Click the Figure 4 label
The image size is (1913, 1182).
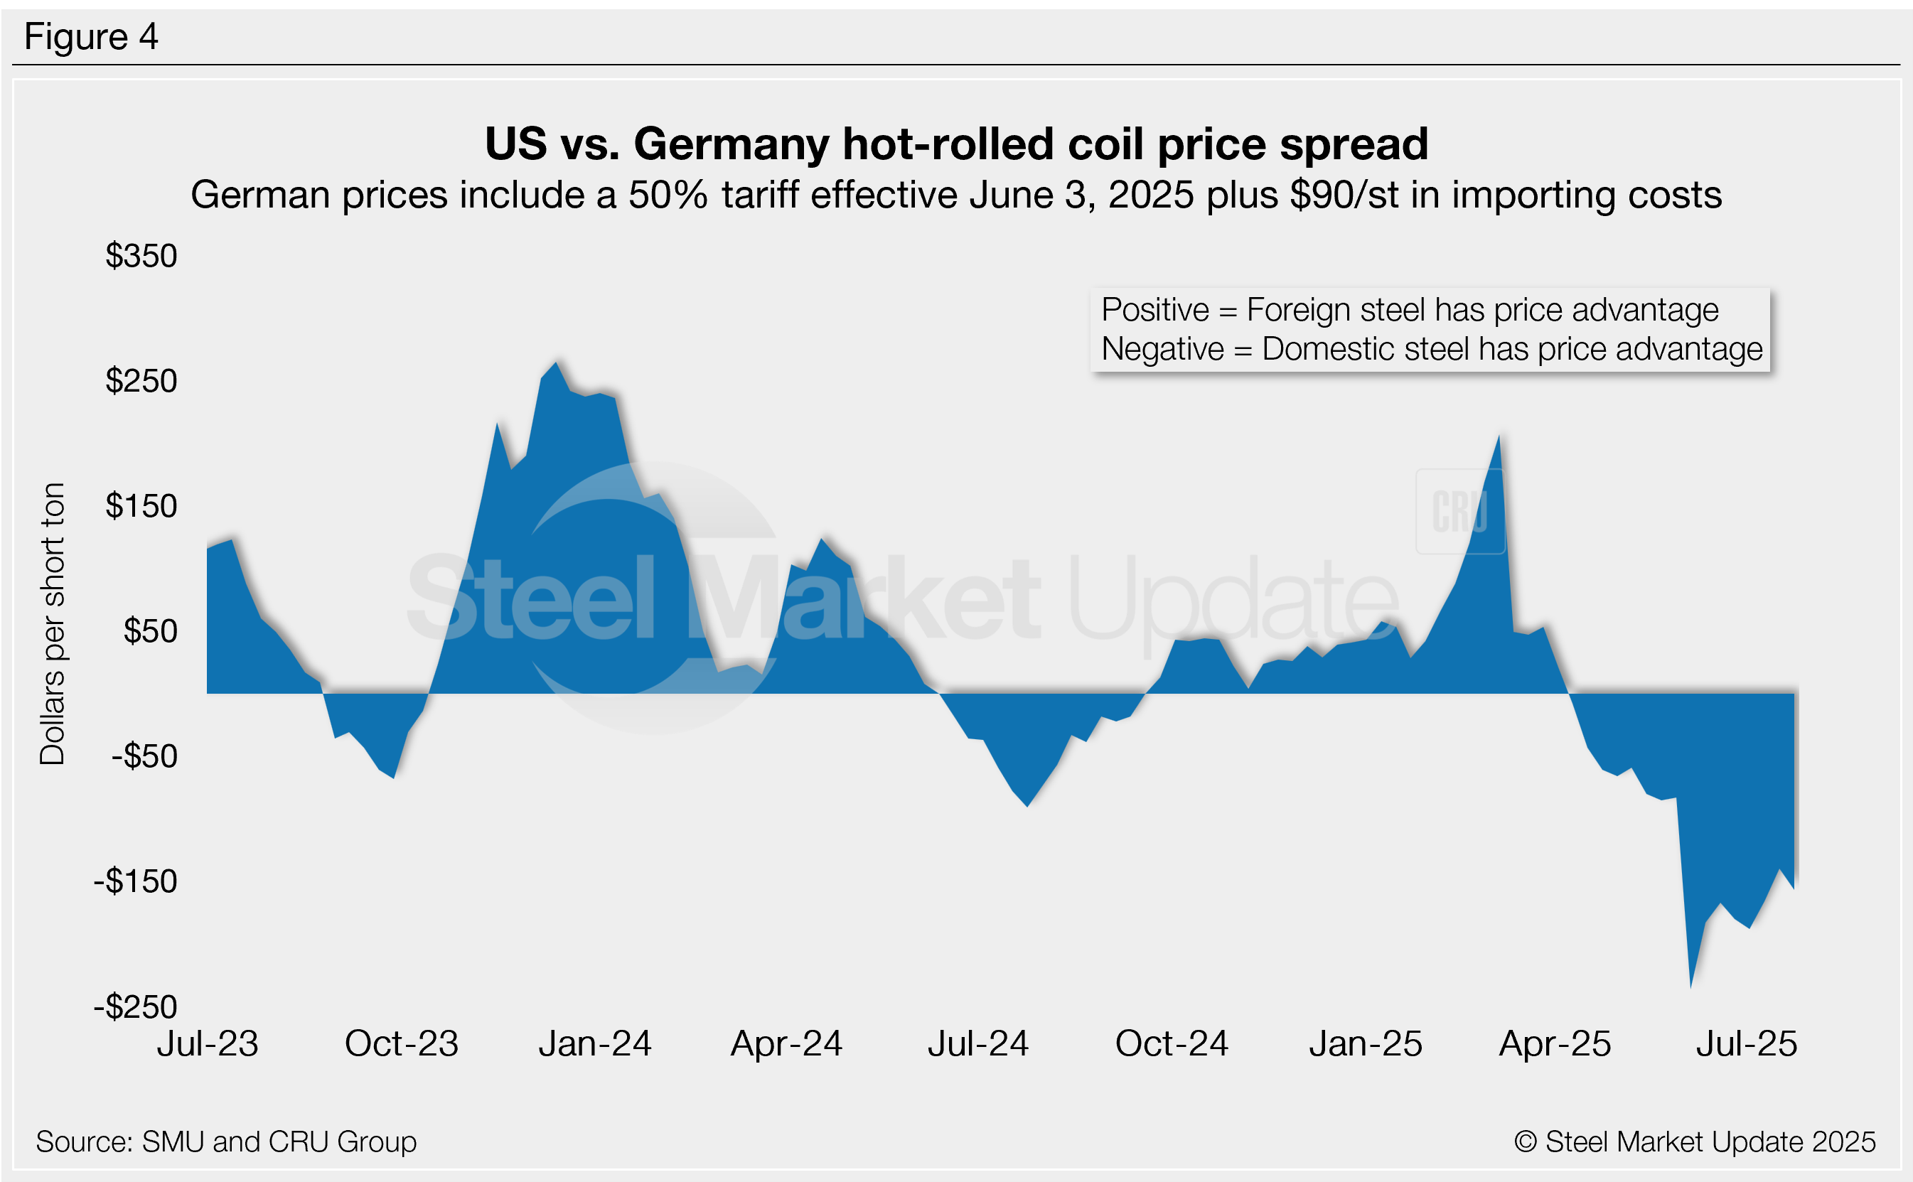[x=91, y=37]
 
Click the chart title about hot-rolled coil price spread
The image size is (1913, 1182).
[x=956, y=144]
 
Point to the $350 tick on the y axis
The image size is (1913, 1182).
[x=141, y=257]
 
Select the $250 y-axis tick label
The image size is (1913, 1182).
[x=141, y=382]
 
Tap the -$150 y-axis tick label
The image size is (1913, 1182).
[x=135, y=882]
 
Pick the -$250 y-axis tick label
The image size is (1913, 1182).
[x=135, y=1007]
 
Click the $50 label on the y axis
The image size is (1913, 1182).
[x=150, y=632]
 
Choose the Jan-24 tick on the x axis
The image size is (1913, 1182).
[x=595, y=1044]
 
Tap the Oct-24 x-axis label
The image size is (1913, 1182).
[x=1171, y=1044]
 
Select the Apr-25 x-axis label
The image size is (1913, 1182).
[x=1555, y=1044]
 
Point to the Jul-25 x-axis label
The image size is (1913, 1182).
[x=1747, y=1044]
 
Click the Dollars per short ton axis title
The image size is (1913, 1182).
[x=53, y=624]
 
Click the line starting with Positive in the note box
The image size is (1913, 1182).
[x=1410, y=311]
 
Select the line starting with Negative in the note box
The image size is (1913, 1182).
[x=1432, y=350]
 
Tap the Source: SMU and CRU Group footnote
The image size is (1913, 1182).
[x=226, y=1142]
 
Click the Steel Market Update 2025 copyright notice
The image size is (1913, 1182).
[x=1695, y=1142]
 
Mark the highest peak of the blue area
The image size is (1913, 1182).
[x=556, y=362]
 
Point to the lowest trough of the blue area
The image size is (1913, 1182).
[x=1691, y=987]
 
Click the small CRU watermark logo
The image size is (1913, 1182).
[x=1459, y=512]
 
